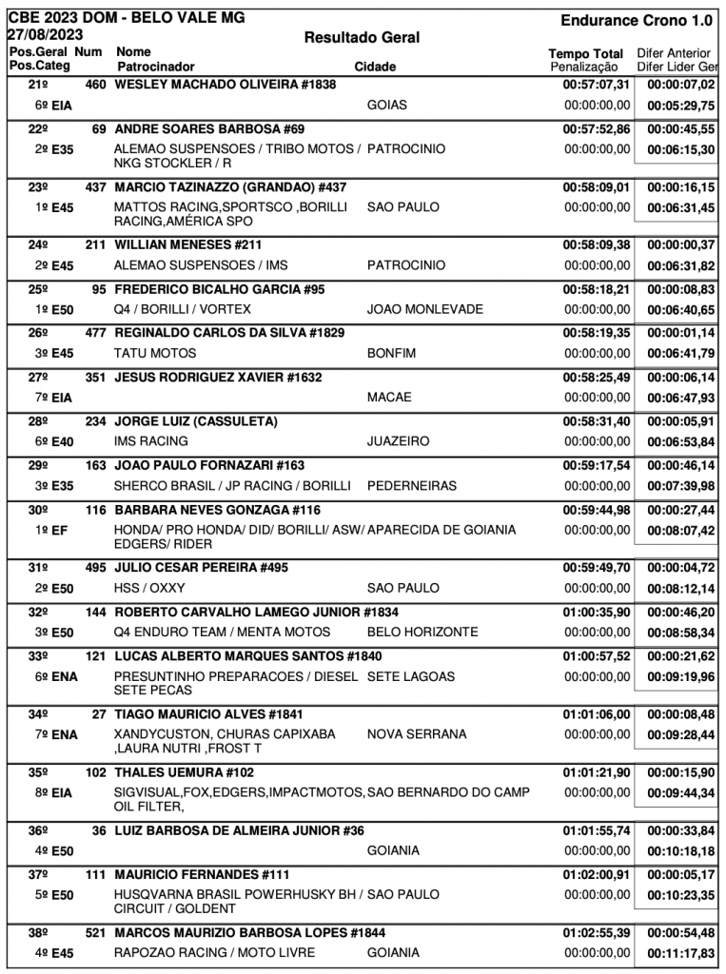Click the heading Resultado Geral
[x=362, y=37]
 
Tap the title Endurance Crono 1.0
[x=637, y=20]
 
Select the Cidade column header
[x=375, y=68]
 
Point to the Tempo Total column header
[x=586, y=54]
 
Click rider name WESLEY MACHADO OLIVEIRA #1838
[x=225, y=85]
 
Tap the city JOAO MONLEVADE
[x=424, y=309]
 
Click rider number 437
[x=95, y=186]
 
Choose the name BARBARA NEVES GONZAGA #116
[x=217, y=510]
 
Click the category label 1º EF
[x=53, y=530]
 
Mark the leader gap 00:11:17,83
[x=680, y=952]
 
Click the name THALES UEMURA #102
[x=185, y=772]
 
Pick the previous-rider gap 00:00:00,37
[x=680, y=244]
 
